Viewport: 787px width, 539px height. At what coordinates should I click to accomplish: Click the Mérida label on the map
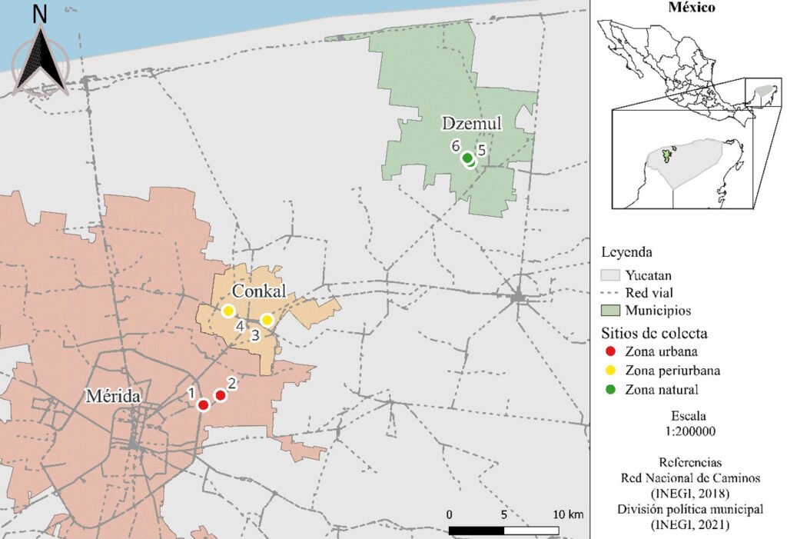click(112, 397)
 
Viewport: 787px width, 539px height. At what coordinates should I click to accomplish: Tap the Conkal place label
click(259, 291)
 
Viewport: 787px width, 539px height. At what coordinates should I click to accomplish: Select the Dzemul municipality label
click(471, 123)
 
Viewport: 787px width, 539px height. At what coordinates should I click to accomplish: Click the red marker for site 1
click(204, 405)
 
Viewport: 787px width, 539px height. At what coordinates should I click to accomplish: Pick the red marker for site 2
click(220, 395)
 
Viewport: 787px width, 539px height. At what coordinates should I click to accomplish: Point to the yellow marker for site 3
click(267, 320)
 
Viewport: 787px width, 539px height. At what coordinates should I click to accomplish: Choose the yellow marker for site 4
click(228, 311)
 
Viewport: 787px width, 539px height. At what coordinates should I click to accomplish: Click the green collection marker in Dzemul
click(467, 159)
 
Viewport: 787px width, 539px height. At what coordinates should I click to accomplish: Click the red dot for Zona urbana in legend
click(611, 351)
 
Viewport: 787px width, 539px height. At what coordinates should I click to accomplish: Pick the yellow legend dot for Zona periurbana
click(611, 371)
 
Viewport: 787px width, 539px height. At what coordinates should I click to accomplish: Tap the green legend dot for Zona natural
click(611, 390)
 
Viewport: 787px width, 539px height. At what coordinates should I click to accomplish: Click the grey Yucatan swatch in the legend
click(612, 274)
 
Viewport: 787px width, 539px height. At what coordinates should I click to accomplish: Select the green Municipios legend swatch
click(612, 311)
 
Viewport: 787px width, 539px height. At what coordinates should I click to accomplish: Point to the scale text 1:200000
click(692, 431)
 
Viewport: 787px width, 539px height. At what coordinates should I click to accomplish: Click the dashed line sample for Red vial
click(612, 293)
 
